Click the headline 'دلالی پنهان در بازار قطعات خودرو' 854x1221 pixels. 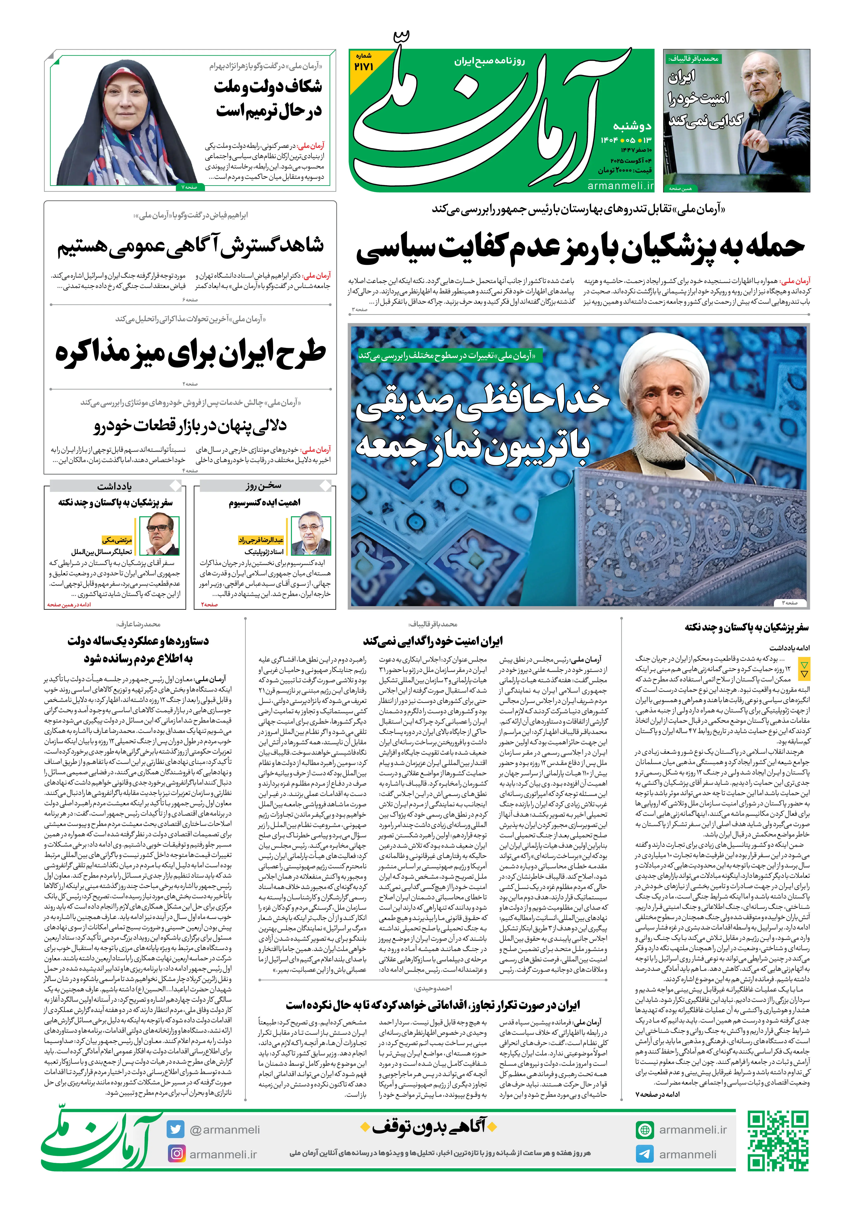[x=190, y=425]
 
